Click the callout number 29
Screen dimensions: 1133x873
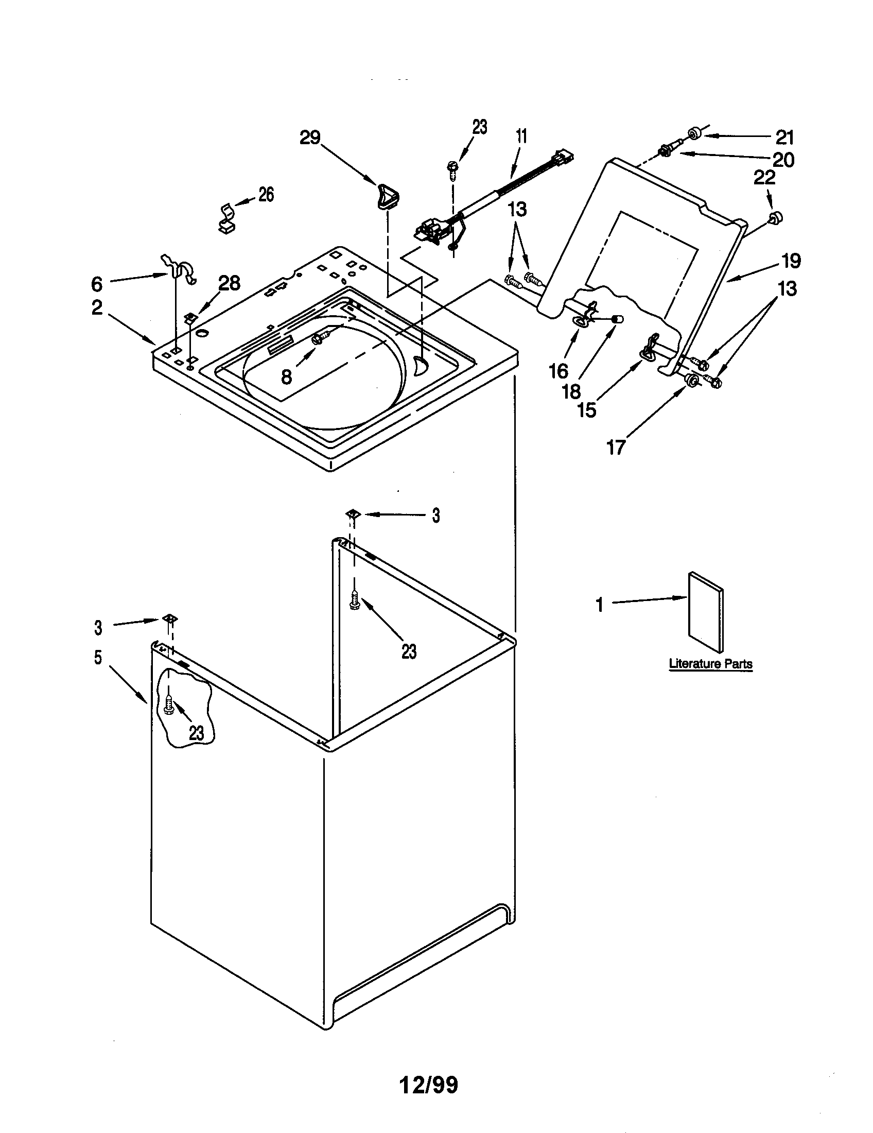tap(310, 138)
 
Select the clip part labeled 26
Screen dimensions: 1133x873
tap(226, 218)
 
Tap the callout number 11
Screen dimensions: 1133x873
tap(521, 136)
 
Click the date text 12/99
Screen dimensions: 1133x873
tap(429, 1084)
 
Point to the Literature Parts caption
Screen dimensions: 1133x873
tap(711, 663)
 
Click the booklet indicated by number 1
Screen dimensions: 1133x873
tap(706, 612)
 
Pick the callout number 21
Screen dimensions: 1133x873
tap(785, 138)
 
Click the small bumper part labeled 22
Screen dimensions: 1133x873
tap(775, 218)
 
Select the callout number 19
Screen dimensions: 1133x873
tap(791, 261)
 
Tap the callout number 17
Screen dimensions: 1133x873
tap(616, 447)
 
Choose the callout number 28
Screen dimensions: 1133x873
tap(229, 283)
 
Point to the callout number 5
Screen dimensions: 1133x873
tap(98, 658)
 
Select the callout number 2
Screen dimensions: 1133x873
tap(97, 307)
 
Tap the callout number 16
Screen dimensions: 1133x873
tap(559, 371)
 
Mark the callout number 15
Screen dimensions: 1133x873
tap(587, 410)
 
